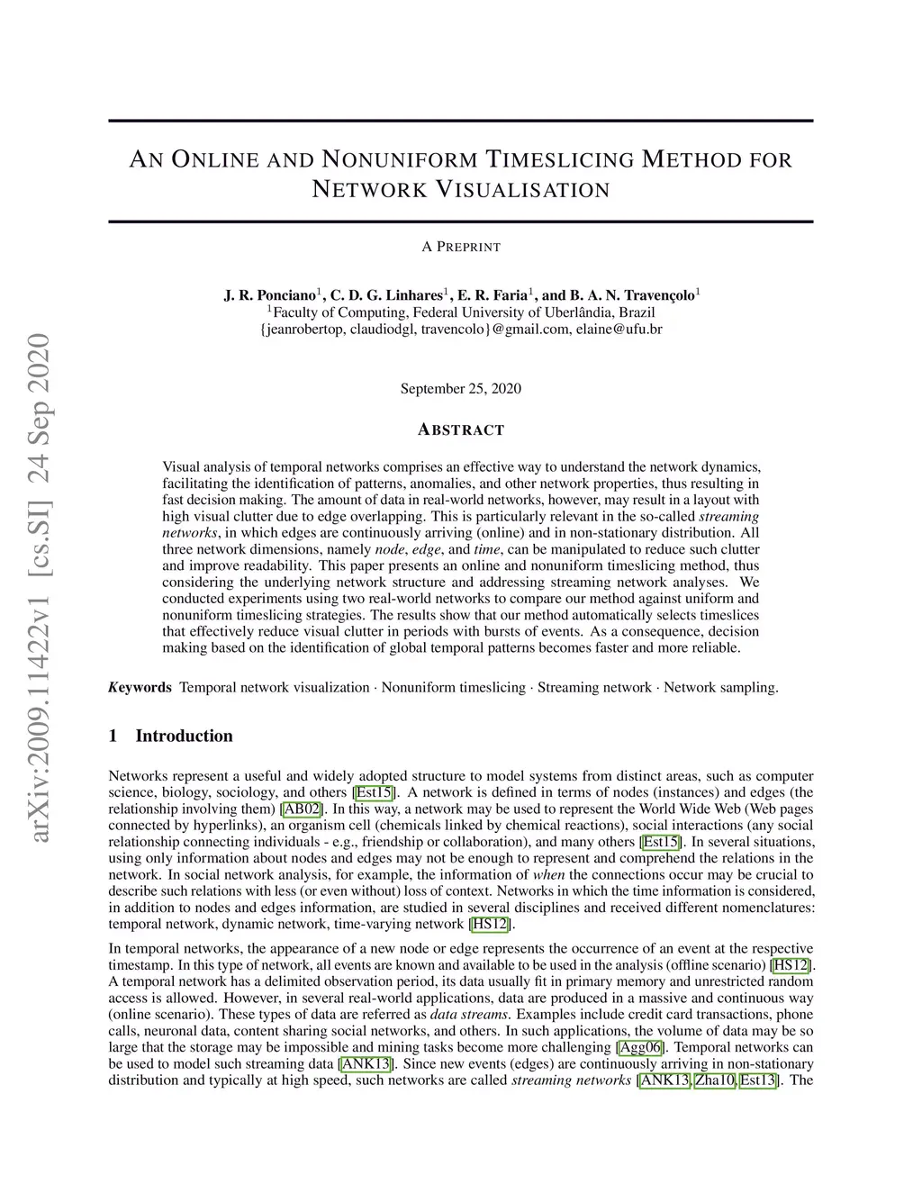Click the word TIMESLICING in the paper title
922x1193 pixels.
[x=559, y=160]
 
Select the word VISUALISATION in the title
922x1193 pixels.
[x=523, y=190]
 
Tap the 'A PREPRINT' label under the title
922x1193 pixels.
[x=461, y=247]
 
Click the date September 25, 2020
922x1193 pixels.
[x=461, y=389]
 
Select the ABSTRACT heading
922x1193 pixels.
[x=461, y=430]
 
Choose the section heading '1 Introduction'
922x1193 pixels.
[x=170, y=737]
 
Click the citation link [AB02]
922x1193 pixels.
[x=303, y=809]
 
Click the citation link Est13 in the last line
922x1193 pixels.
[x=758, y=1080]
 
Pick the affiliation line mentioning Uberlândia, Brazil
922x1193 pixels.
[x=461, y=312]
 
